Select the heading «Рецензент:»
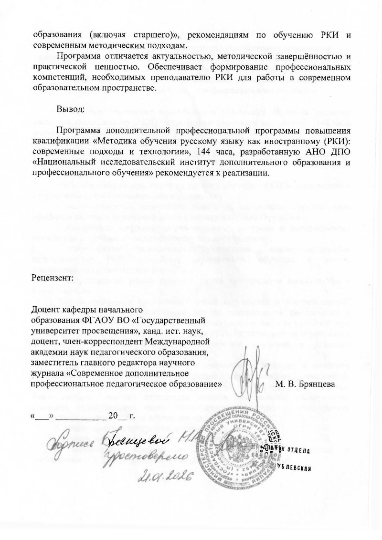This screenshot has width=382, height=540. click(52, 277)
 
